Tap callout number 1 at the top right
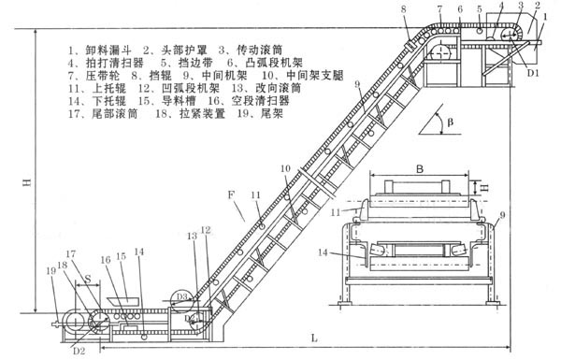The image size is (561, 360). click(x=546, y=17)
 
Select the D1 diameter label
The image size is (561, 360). click(x=533, y=70)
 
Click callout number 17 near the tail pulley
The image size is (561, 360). click(x=70, y=252)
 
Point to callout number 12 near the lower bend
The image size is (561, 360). click(x=204, y=230)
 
